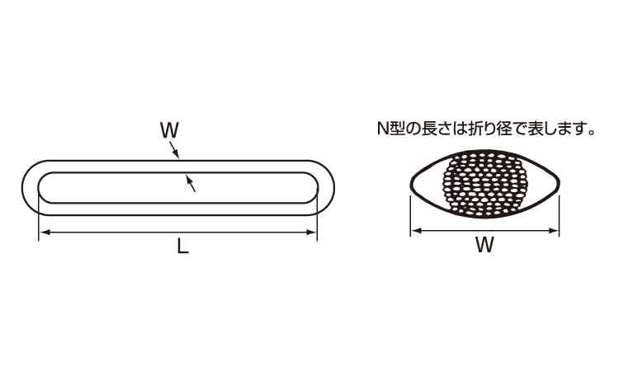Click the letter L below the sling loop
tap(182, 247)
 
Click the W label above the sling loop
tap(169, 130)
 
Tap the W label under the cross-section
tap(484, 245)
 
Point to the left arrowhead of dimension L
tap(45, 232)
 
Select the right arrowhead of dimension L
tap(311, 232)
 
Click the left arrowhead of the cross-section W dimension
tap(416, 231)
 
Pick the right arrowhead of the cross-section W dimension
tap(554, 231)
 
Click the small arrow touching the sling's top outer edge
tap(174, 150)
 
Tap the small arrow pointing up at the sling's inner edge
tap(191, 184)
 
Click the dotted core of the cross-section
tap(486, 184)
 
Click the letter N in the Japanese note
tap(383, 129)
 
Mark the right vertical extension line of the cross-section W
tap(560, 215)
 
